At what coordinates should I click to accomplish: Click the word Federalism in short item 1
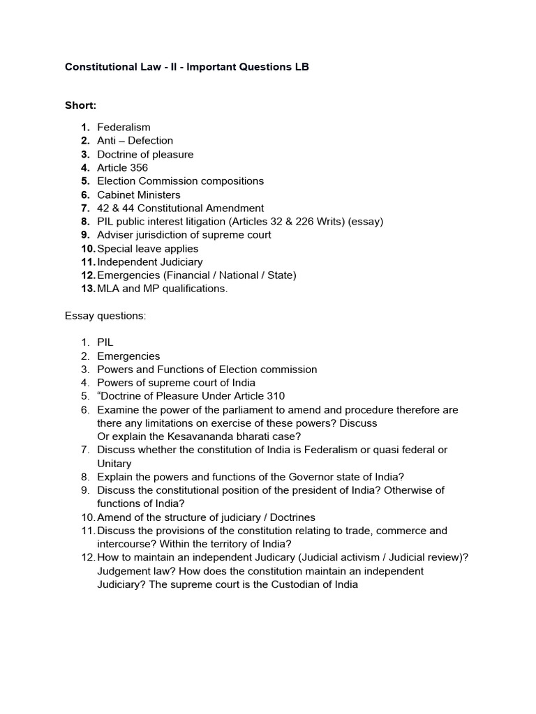tap(124, 128)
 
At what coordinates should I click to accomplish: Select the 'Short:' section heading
tap(80, 105)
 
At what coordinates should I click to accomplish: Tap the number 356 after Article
tap(139, 168)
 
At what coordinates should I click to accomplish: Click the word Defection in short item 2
tap(150, 141)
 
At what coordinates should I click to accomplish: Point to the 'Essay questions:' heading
tap(105, 316)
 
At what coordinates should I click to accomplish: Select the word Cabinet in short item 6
tap(116, 195)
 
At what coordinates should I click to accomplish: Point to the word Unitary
tap(114, 464)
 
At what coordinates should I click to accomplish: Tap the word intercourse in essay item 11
tap(125, 545)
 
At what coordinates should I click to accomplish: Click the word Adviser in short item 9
tap(115, 235)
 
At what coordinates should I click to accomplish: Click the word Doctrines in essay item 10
tap(292, 517)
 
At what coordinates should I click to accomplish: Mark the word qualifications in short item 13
tap(194, 289)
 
